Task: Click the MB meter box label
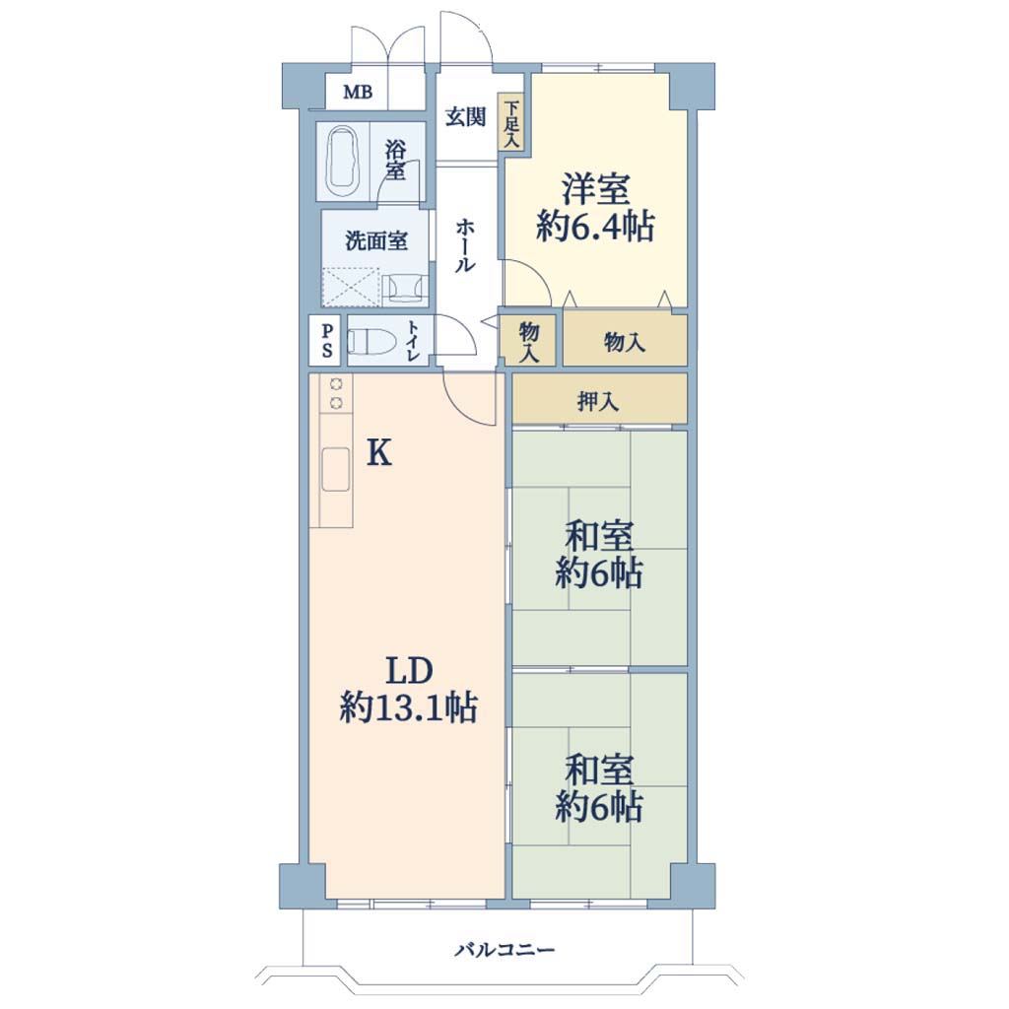click(358, 92)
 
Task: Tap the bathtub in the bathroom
click(343, 161)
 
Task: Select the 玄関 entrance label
click(466, 117)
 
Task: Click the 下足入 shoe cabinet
click(511, 122)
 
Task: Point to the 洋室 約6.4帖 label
click(595, 207)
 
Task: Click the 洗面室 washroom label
click(376, 241)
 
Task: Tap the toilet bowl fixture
click(372, 341)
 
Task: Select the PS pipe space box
click(327, 341)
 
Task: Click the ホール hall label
click(465, 245)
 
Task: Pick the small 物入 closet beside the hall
click(528, 341)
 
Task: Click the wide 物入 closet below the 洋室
click(625, 340)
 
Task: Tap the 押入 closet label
click(598, 402)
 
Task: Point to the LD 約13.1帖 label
click(409, 690)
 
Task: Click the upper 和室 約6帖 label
click(599, 555)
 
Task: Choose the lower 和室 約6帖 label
click(599, 789)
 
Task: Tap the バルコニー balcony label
click(504, 950)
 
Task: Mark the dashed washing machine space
click(350, 287)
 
